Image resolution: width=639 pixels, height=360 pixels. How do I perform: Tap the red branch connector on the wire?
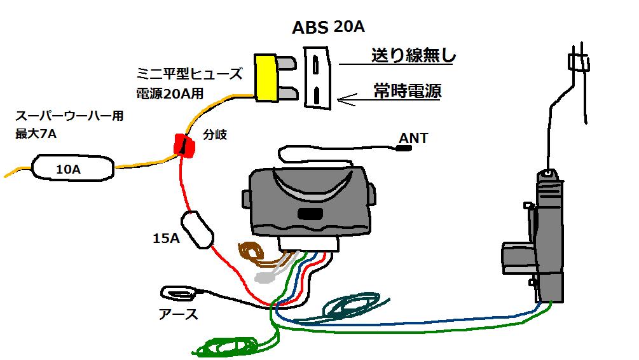click(184, 144)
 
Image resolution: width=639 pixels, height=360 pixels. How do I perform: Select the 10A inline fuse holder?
click(72, 168)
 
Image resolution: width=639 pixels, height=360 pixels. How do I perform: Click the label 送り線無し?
click(413, 56)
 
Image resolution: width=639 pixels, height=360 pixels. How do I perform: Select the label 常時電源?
click(408, 91)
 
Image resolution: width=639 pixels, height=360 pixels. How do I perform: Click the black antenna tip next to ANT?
click(402, 150)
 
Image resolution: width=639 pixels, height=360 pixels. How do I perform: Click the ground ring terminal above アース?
click(179, 293)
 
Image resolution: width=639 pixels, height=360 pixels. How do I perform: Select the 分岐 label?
click(214, 135)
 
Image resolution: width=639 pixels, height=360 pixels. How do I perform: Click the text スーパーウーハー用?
click(69, 117)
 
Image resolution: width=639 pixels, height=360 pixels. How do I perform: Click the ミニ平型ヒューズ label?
click(189, 74)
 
